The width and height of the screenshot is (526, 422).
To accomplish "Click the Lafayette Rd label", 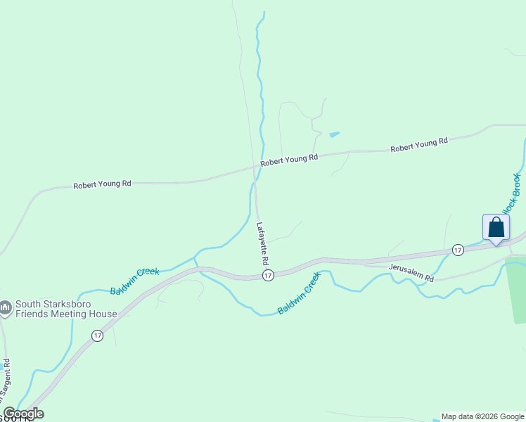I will click(264, 243).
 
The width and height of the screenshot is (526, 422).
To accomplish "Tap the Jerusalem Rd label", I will click(412, 273).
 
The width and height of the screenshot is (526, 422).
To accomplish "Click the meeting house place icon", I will click(6, 307).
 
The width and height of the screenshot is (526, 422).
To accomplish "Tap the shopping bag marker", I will click(496, 228).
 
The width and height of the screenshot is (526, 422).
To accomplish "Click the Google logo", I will click(23, 414).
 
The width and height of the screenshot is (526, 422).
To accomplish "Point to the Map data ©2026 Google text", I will click(482, 416).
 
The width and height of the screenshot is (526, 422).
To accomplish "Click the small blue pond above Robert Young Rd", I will click(334, 134).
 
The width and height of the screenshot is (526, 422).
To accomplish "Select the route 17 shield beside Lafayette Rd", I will click(268, 276).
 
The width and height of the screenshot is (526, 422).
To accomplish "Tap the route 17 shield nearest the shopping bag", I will click(458, 250).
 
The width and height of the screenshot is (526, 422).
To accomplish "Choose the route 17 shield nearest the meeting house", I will click(97, 336).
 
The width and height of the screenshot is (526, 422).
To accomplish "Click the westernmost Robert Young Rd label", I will click(103, 184).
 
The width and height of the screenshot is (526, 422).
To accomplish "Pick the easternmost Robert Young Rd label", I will click(419, 145).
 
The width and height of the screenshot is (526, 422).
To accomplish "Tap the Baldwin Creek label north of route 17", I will click(135, 281).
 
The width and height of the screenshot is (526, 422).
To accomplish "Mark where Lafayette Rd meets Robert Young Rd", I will click(255, 167).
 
